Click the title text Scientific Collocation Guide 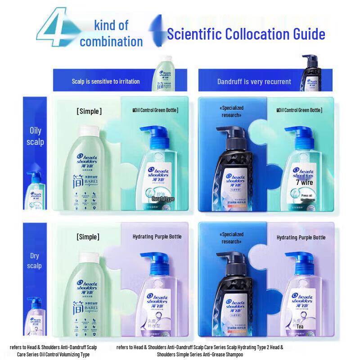click(246, 34)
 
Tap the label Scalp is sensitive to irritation click(106, 81)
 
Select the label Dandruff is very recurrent click(254, 81)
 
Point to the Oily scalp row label click(35, 136)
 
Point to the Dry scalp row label click(35, 261)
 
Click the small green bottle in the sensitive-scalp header click(165, 74)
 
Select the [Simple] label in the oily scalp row click(89, 111)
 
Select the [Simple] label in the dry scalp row click(88, 237)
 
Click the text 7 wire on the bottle click(305, 183)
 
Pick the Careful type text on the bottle click(162, 198)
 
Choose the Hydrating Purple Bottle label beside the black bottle click(301, 237)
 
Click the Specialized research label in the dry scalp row click(232, 238)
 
